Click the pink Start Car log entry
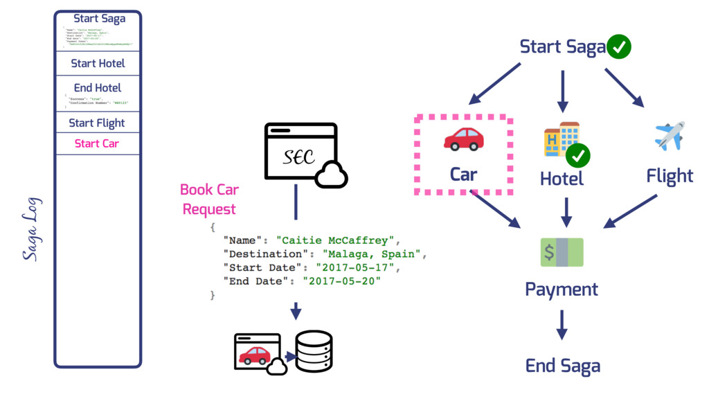coord(97,144)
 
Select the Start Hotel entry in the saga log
coord(98,63)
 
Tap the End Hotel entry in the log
coord(98,88)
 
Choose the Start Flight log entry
coord(97,123)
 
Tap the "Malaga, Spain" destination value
coord(374,254)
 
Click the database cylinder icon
coord(314,351)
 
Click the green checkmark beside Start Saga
coord(618,47)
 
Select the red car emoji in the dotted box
coord(463,139)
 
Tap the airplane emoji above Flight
coord(669,135)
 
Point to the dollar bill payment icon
coord(562,252)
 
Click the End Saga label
coord(562,366)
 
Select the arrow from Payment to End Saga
coord(562,325)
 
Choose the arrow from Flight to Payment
coord(631,211)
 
